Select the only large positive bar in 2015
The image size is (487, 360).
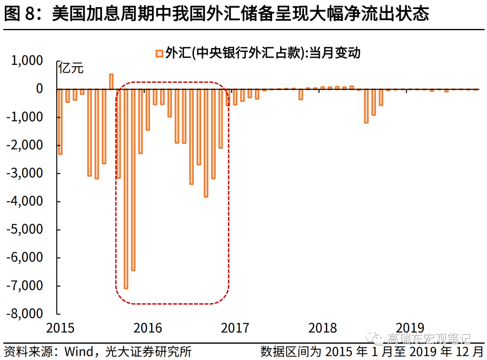111,82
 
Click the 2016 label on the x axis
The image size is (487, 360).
148,328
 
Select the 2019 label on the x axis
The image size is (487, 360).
410,328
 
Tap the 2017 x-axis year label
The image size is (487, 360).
235,328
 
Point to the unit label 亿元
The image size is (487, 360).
71,69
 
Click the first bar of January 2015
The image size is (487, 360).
60,122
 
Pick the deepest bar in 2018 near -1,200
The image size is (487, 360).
366,106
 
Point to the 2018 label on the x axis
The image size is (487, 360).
322,328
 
